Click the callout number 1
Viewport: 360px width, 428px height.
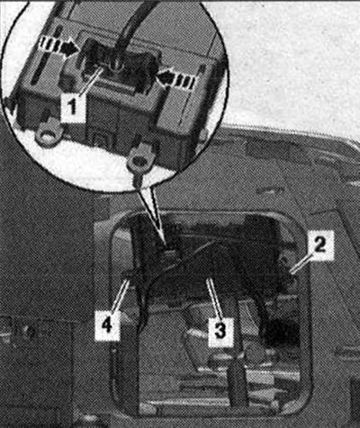72,108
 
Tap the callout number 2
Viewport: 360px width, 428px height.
319,245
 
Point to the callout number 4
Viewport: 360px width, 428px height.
107,325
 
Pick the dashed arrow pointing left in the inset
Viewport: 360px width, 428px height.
178,80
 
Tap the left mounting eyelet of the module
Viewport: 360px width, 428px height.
49,134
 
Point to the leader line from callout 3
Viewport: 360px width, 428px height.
214,298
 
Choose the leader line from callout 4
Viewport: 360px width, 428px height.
121,295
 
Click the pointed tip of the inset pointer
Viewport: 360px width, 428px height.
163,242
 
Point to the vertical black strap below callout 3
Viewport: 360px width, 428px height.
238,380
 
